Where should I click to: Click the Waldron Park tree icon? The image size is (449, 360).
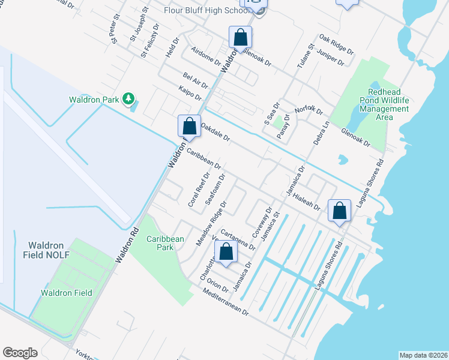(x=127, y=98)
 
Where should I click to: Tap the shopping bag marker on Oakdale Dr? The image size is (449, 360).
(x=189, y=127)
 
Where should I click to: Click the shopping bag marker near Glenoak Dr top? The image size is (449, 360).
(x=240, y=38)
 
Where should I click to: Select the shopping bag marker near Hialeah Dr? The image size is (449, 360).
(x=340, y=211)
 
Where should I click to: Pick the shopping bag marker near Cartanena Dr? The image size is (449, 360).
(x=226, y=252)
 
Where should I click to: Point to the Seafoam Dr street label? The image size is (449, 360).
(x=215, y=190)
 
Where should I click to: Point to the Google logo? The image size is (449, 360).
(x=20, y=353)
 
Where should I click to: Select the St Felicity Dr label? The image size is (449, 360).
(x=150, y=41)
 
